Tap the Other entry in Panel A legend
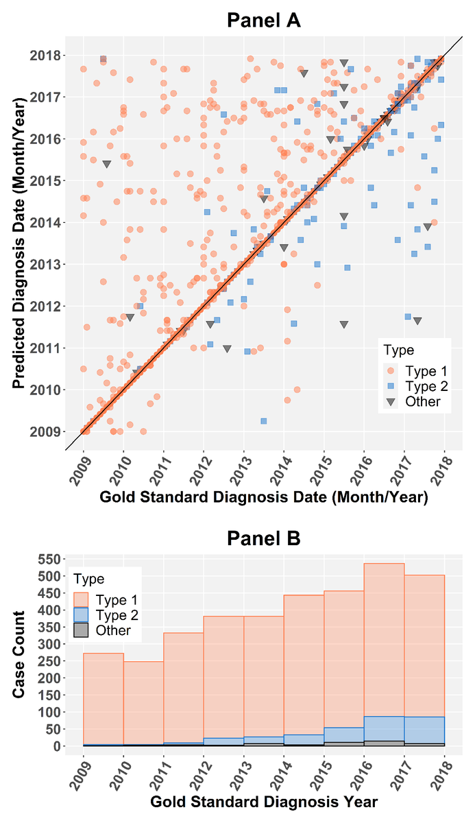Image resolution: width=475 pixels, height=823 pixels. (x=422, y=401)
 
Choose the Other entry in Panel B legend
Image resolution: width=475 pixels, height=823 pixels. (x=112, y=630)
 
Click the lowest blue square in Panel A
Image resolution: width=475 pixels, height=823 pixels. (x=263, y=420)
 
